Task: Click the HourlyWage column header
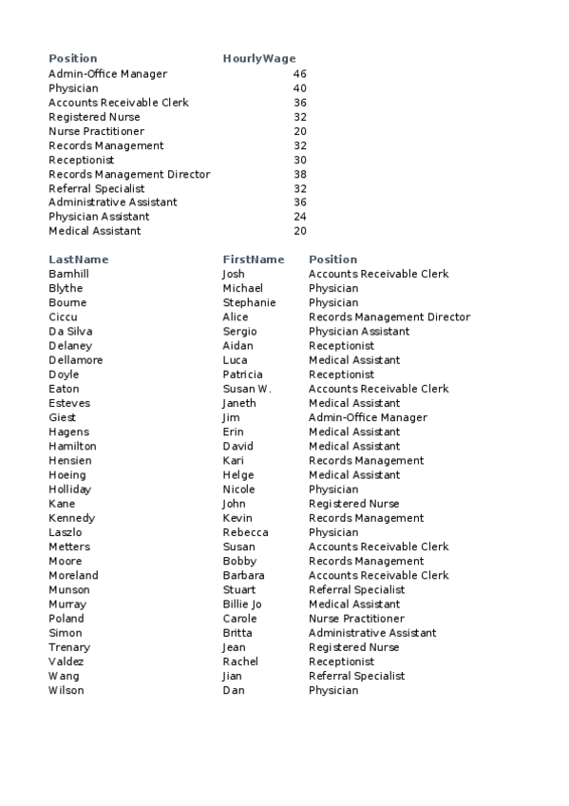(x=258, y=59)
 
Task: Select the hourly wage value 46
(x=300, y=74)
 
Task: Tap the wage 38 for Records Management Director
(x=300, y=175)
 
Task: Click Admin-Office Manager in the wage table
(x=107, y=74)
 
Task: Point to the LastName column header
(x=79, y=259)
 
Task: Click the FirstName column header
(x=254, y=259)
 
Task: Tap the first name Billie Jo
(x=242, y=604)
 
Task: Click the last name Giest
(x=62, y=418)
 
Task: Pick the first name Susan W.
(x=247, y=389)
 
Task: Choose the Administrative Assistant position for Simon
(x=372, y=633)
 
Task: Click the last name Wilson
(x=66, y=691)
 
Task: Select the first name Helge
(x=238, y=475)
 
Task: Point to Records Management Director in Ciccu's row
(x=389, y=317)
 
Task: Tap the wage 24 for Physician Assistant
(x=300, y=217)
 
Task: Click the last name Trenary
(x=69, y=647)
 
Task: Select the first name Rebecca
(x=245, y=532)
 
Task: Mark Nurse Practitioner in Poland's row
(x=356, y=619)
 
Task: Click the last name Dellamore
(x=76, y=360)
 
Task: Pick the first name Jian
(x=234, y=677)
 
